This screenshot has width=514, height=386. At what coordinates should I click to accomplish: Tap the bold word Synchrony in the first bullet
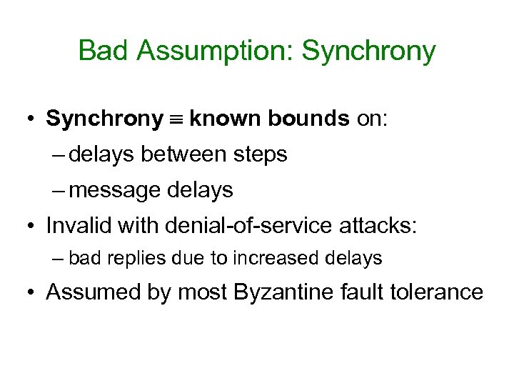coord(104,119)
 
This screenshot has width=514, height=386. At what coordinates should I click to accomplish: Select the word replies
coord(131,258)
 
